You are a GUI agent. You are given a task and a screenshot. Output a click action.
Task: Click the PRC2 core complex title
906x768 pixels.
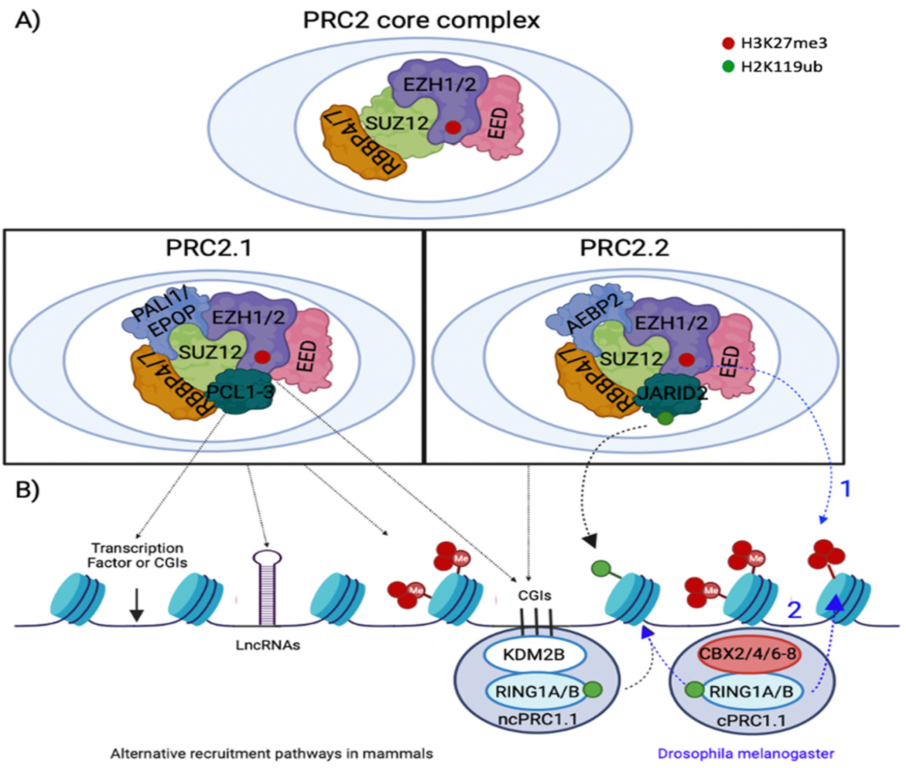coord(421,20)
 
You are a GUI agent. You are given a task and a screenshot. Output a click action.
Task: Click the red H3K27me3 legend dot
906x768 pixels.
coord(728,44)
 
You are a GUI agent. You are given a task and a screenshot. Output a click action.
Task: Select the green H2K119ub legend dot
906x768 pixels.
coord(728,67)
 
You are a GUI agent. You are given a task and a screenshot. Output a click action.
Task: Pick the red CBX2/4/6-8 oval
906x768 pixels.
coord(750,654)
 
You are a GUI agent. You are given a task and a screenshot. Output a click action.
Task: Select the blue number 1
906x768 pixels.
coord(845,489)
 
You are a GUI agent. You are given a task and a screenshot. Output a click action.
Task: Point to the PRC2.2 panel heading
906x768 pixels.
coord(624,248)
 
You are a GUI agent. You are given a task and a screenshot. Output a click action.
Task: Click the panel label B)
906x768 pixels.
coord(27,490)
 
